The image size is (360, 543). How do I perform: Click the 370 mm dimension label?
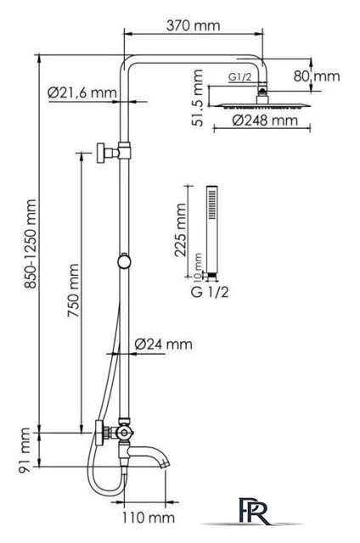pyautogui.click(x=193, y=25)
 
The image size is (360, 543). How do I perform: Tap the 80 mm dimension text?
pyautogui.click(x=317, y=76)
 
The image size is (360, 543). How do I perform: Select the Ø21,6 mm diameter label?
pyautogui.click(x=82, y=92)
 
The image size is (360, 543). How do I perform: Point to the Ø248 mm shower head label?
pyautogui.click(x=265, y=120)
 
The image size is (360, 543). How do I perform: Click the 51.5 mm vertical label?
pyautogui.click(x=198, y=98)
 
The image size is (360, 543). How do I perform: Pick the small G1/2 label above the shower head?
pyautogui.click(x=239, y=77)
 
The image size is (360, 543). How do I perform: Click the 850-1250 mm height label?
pyautogui.click(x=31, y=244)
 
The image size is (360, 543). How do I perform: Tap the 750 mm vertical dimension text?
pyautogui.click(x=73, y=290)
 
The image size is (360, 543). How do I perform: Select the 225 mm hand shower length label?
pyautogui.click(x=180, y=230)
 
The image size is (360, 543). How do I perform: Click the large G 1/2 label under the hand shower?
pyautogui.click(x=210, y=292)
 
